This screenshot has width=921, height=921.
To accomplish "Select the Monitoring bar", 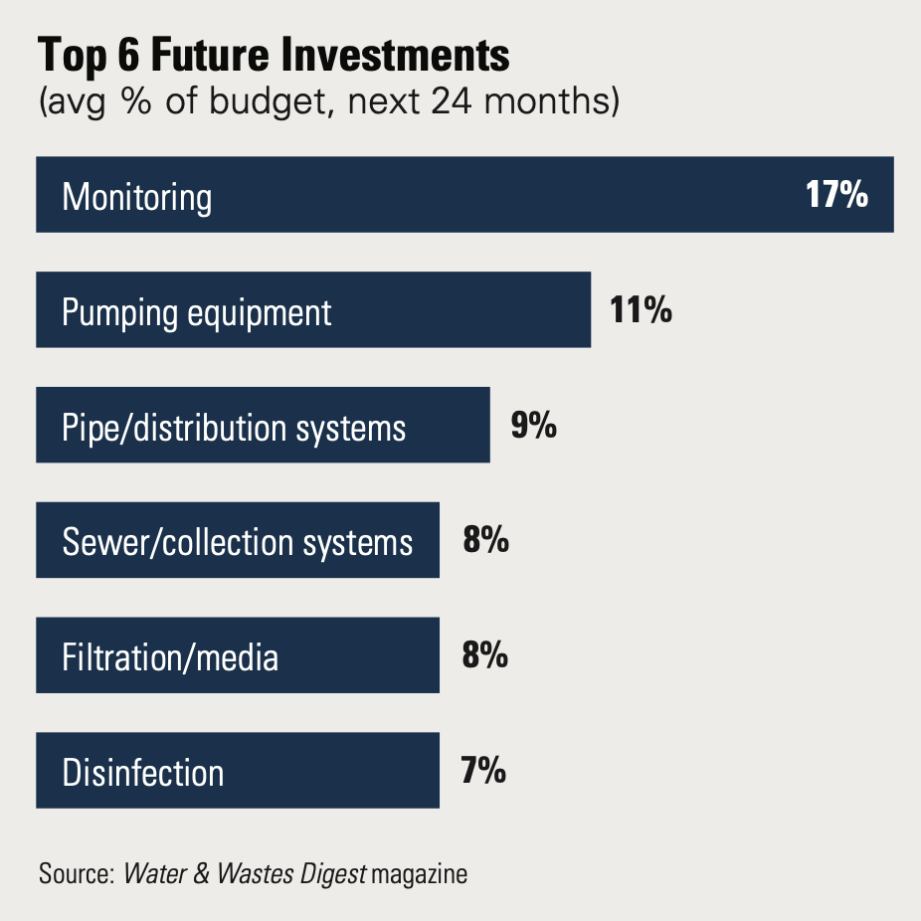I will coord(464,195).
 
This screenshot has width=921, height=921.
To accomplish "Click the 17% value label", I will coord(836,195).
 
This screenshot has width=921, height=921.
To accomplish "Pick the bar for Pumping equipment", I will coord(313,310).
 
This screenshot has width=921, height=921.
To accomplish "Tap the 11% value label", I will coord(641,310).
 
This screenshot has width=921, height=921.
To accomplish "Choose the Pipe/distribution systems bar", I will coord(263,426).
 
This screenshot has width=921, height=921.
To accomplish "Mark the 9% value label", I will coord(533,426).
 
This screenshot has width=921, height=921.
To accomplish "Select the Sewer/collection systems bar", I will coord(238,541).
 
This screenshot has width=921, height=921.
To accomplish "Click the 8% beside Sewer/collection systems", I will coord(485,541).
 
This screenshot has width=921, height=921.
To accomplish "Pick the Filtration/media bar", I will coord(238,656).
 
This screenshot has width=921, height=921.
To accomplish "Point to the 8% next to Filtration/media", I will coord(485,656).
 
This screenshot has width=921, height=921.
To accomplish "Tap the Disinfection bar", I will coord(238,772).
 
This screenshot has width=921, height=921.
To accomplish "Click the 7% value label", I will coord(484,772).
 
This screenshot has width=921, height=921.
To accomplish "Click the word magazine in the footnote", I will coord(419,875).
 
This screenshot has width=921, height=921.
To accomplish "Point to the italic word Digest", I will coord(334,875).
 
